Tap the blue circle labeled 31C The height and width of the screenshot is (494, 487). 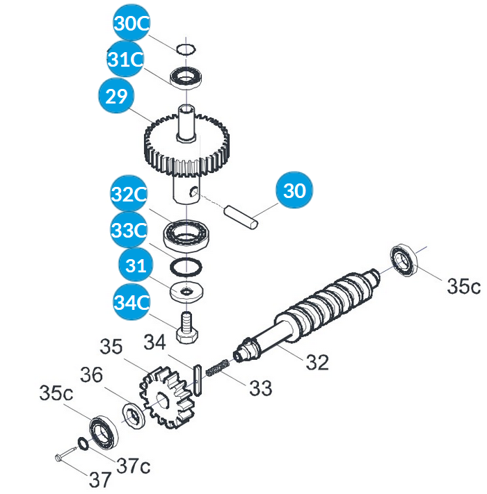point(125,60)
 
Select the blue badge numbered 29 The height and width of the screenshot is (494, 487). point(116,96)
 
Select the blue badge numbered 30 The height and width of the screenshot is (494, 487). point(295,191)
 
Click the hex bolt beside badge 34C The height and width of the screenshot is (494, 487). point(188,328)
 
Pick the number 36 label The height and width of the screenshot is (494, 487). point(92,375)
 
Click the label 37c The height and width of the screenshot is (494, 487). point(133,463)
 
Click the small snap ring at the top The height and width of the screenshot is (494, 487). point(185,49)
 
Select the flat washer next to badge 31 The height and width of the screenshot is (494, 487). point(184,290)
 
